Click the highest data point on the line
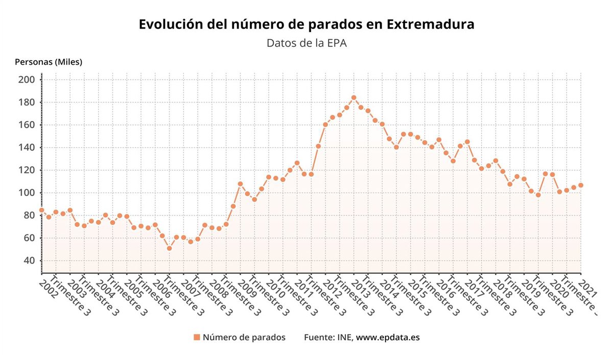[353, 98]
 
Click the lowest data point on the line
[169, 248]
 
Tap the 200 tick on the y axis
[27, 80]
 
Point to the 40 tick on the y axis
[29, 260]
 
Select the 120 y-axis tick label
[27, 170]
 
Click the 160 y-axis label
[27, 125]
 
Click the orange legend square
[197, 337]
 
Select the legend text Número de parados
[244, 337]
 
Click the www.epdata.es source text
[388, 337]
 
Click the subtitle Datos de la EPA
[306, 43]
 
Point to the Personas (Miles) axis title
[49, 62]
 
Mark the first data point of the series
[41, 210]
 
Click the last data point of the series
[580, 185]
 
